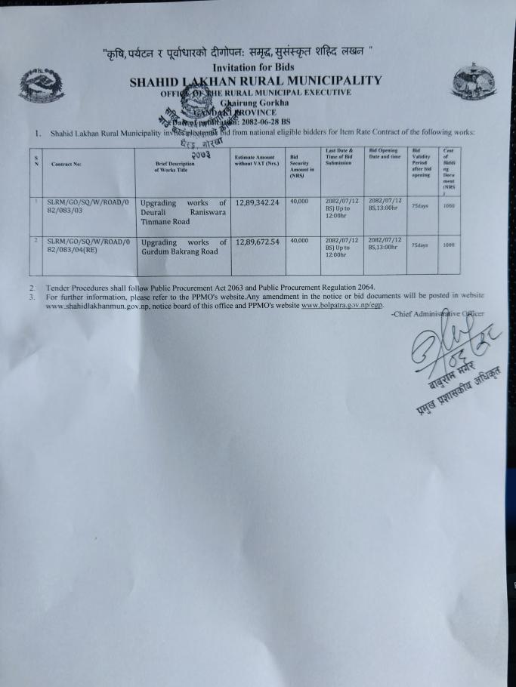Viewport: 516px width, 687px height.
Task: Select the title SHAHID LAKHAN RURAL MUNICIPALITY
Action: (255, 81)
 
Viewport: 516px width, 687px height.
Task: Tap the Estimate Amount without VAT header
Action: (257, 160)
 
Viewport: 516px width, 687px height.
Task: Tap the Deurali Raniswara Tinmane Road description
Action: (184, 212)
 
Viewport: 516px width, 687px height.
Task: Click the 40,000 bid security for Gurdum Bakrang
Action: (299, 241)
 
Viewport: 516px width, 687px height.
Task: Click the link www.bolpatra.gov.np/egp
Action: (342, 305)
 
